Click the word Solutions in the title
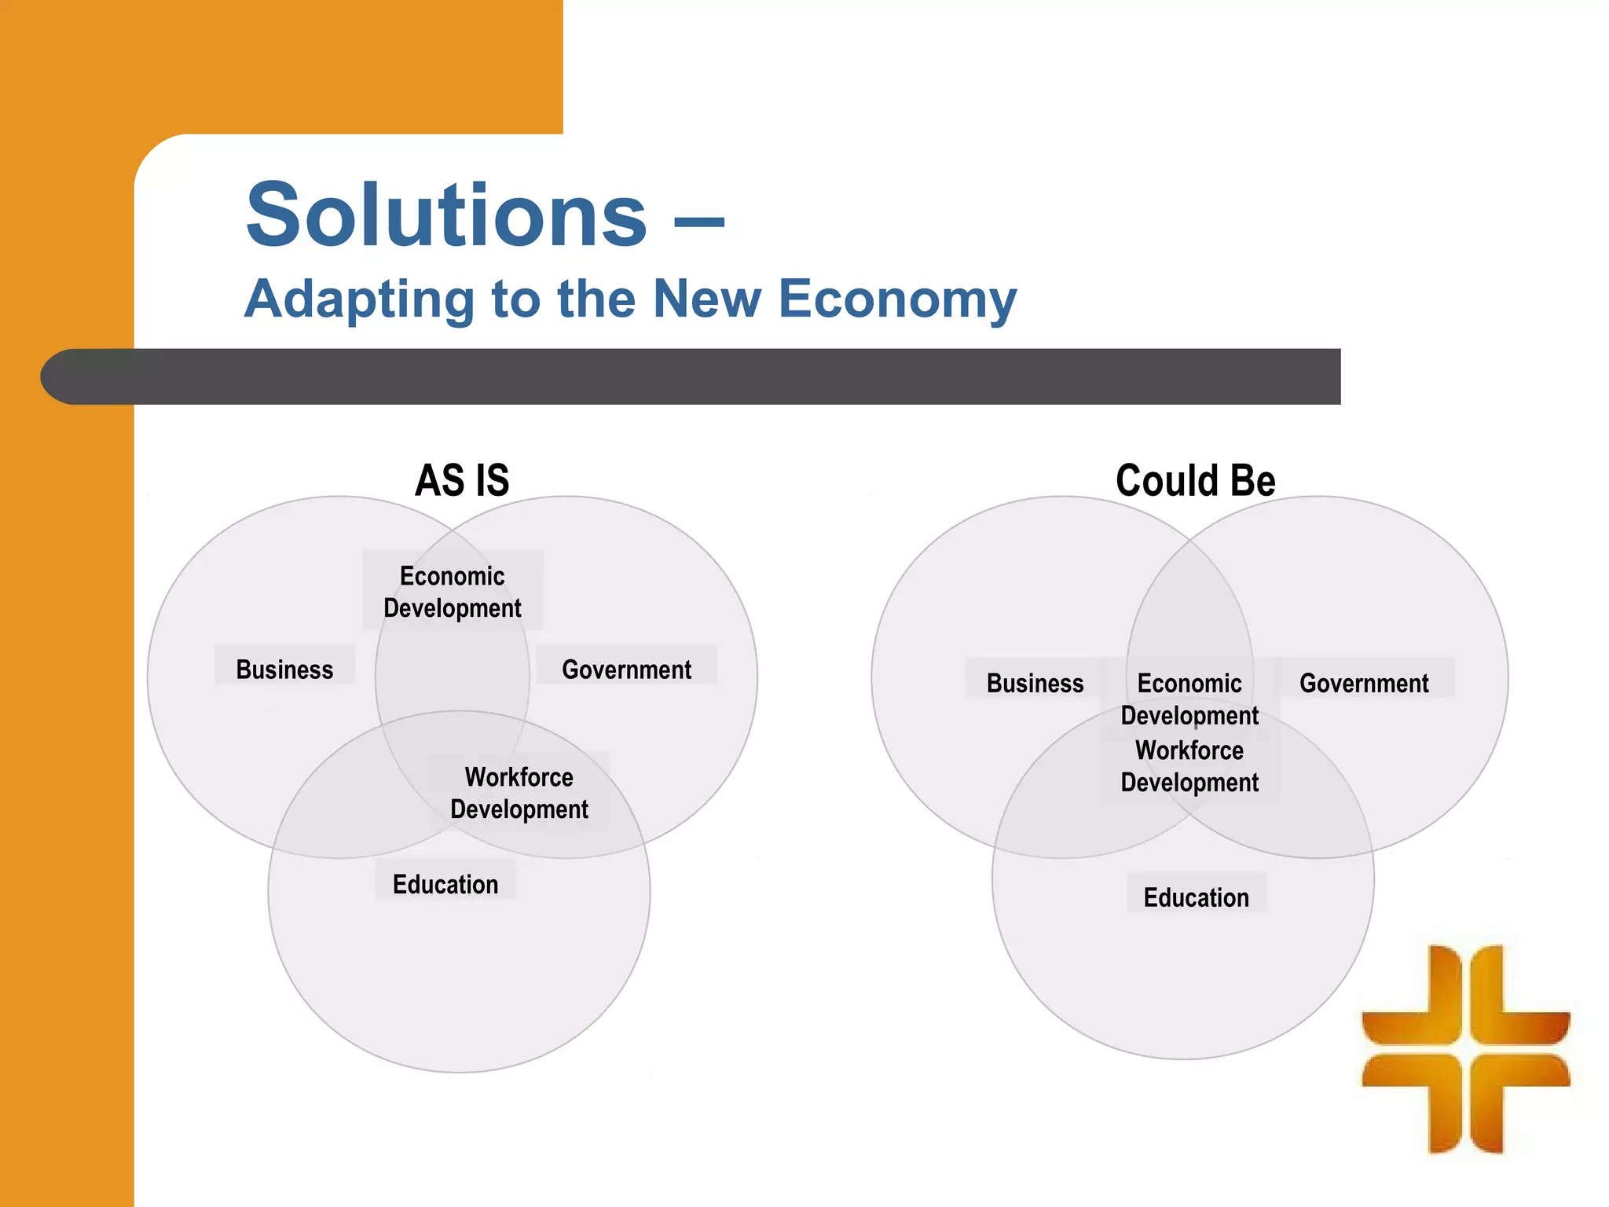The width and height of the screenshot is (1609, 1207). click(446, 215)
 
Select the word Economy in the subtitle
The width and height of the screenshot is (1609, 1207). click(897, 300)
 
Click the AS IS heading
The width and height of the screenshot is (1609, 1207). click(462, 480)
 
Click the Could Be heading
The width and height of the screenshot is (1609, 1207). click(1195, 480)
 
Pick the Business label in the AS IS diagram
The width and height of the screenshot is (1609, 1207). click(284, 670)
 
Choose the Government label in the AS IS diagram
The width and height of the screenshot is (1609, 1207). click(626, 670)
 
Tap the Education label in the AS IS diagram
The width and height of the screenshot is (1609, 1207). click(445, 884)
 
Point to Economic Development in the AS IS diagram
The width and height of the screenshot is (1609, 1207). click(453, 592)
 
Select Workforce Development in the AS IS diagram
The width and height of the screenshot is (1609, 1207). click(519, 793)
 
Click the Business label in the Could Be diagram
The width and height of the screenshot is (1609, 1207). click(1035, 683)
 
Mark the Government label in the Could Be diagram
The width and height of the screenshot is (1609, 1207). click(1364, 683)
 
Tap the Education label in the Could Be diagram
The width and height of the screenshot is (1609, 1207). click(1196, 897)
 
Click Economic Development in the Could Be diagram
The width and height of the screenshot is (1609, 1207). click(1189, 699)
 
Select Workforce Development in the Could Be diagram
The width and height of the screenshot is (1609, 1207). click(1189, 766)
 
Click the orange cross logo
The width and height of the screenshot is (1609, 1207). click(1465, 1048)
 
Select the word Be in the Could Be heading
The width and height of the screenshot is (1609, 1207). click(1252, 480)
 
